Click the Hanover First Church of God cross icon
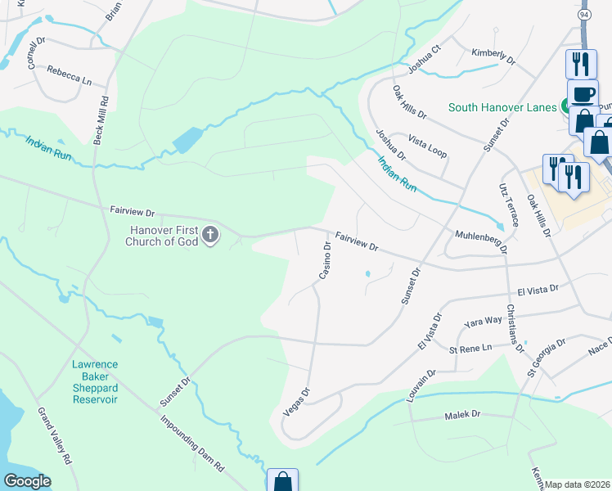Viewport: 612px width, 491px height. point(210,236)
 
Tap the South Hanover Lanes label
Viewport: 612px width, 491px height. point(502,107)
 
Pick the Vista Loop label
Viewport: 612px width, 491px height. point(428,147)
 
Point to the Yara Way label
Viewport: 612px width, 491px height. point(482,322)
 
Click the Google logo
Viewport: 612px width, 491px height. point(27,481)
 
